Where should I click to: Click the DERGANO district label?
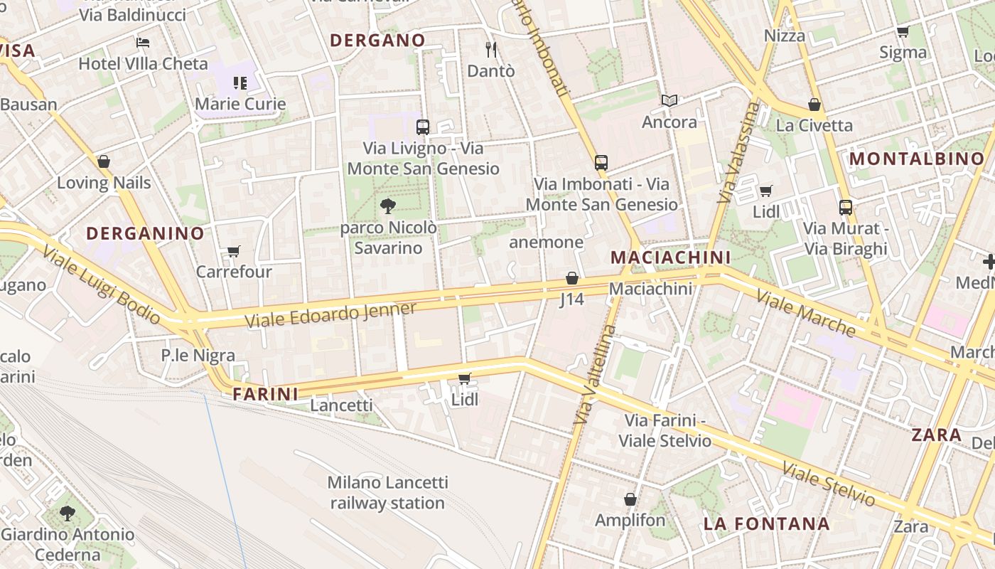click(377, 41)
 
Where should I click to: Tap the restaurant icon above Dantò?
click(490, 49)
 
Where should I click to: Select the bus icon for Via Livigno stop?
click(423, 127)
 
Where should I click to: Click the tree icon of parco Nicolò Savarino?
click(388, 206)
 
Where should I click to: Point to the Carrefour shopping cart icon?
click(233, 251)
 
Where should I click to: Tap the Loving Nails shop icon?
click(104, 161)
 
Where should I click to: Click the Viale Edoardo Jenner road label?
click(330, 315)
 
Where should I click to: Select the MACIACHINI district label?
click(670, 257)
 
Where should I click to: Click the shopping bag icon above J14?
click(571, 278)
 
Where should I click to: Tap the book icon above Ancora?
click(669, 101)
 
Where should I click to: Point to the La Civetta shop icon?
click(814, 105)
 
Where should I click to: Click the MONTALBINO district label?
click(917, 159)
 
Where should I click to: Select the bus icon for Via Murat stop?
click(846, 207)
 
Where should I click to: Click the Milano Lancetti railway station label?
click(387, 493)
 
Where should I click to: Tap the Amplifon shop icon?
click(630, 499)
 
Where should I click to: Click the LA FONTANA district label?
click(766, 524)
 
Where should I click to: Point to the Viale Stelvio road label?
click(828, 484)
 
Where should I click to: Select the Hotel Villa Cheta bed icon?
click(143, 43)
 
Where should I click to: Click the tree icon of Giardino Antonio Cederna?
click(68, 512)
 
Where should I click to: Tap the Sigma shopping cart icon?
click(903, 31)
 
